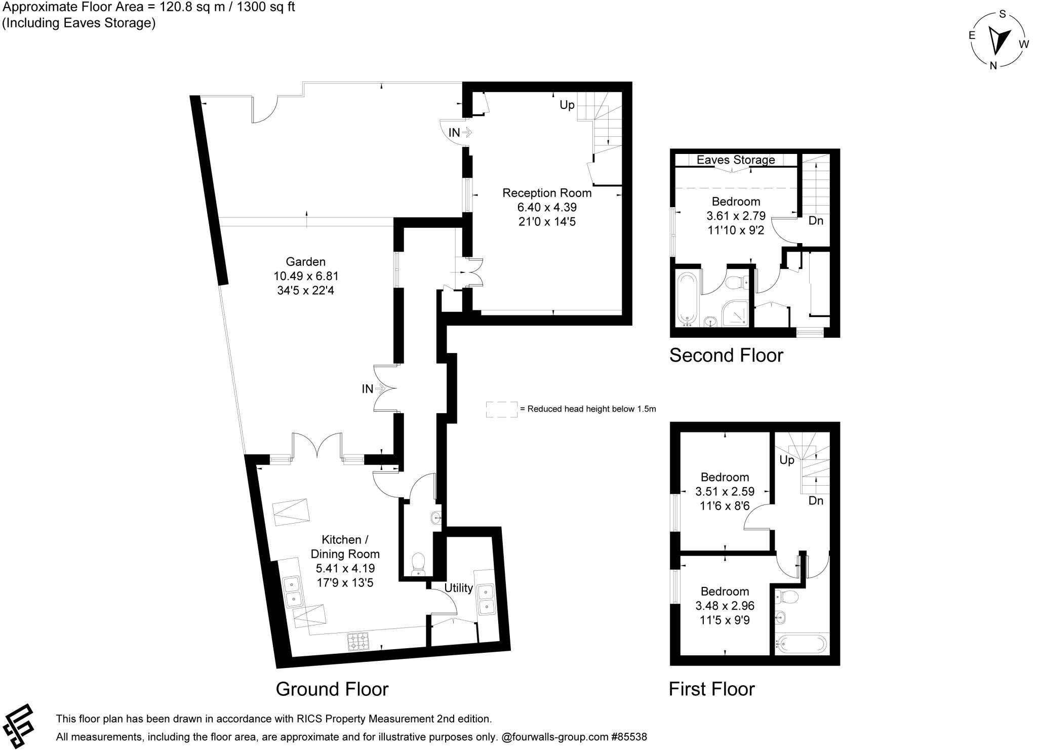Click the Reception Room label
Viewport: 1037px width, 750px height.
point(547,193)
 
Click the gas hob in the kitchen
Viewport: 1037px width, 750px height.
point(358,642)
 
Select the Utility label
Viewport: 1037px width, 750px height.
point(458,588)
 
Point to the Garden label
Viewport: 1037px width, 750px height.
point(305,262)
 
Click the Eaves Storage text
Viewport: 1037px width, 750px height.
point(735,160)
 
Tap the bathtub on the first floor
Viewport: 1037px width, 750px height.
point(802,644)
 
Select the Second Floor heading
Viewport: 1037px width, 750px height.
point(726,356)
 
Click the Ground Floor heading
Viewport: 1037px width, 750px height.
point(332,689)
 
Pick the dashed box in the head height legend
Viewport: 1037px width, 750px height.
point(501,410)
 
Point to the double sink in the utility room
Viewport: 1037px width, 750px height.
point(486,599)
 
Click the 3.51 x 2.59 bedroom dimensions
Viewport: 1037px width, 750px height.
point(725,492)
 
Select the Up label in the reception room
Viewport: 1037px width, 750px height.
point(567,105)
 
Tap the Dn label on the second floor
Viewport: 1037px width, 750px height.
point(815,221)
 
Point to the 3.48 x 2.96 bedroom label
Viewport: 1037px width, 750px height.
point(725,606)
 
